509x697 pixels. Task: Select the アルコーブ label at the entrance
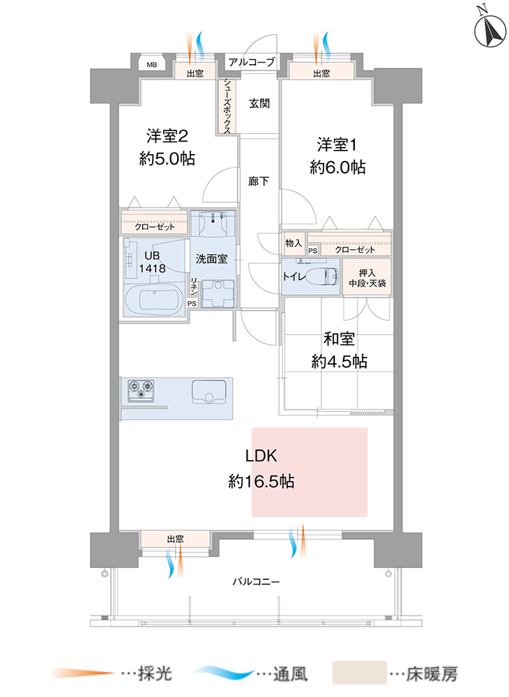[x=252, y=62]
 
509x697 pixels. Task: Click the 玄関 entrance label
[x=259, y=105]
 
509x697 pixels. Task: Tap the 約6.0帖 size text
[x=337, y=167]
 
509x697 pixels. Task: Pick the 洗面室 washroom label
[x=211, y=259]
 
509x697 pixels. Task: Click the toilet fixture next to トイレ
[x=322, y=276]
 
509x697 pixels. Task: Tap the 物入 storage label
[x=294, y=243]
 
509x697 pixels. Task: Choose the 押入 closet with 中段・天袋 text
[x=367, y=277]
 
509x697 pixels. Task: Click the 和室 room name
[x=339, y=339]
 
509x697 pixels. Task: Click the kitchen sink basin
[x=208, y=392]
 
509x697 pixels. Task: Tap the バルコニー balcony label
[x=256, y=580]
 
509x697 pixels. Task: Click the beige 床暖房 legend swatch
[x=358, y=673]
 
